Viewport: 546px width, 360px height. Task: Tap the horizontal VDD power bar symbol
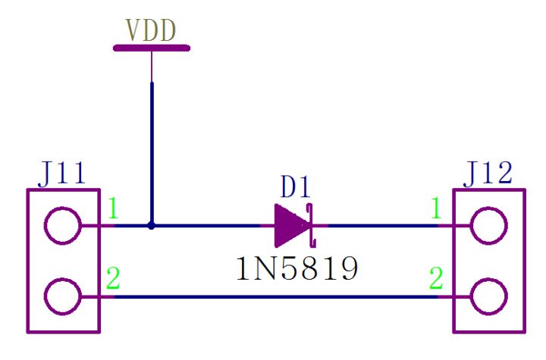coord(151,49)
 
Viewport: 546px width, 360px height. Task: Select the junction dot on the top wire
coord(152,226)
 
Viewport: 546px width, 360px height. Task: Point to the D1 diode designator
coord(295,186)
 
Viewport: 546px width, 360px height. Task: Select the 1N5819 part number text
coord(295,269)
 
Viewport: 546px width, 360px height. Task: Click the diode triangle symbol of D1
coord(290,226)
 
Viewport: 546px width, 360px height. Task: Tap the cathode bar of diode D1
coord(310,226)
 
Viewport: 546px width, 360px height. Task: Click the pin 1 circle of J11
coord(62,226)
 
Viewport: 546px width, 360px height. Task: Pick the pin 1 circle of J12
coord(488,226)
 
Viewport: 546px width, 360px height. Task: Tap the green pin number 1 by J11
coord(112,208)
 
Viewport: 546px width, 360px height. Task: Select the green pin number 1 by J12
coord(436,208)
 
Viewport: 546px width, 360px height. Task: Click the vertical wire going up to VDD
coord(152,152)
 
